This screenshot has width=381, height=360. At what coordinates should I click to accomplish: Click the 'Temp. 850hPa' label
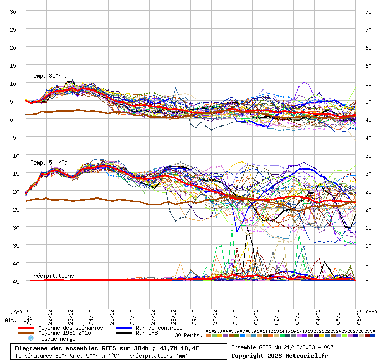pyautogui.click(x=49, y=76)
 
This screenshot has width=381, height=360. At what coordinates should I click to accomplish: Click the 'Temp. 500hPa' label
pyautogui.click(x=49, y=163)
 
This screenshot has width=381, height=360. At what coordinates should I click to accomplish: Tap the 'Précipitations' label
pyautogui.click(x=52, y=276)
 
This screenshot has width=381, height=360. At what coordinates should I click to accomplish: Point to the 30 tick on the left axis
pyautogui.click(x=13, y=12)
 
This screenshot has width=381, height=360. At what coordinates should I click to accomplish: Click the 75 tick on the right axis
pyautogui.click(x=368, y=12)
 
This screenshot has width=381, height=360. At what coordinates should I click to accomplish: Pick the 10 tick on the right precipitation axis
pyautogui.click(x=368, y=245)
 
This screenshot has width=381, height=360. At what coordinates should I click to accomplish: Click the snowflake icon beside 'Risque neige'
pyautogui.click(x=30, y=339)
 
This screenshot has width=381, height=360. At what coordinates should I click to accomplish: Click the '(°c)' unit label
pyautogui.click(x=16, y=312)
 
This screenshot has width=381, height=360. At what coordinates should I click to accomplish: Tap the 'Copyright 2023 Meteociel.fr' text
pyautogui.click(x=279, y=355)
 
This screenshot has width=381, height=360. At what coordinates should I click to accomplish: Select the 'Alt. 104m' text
pyautogui.click(x=19, y=320)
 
